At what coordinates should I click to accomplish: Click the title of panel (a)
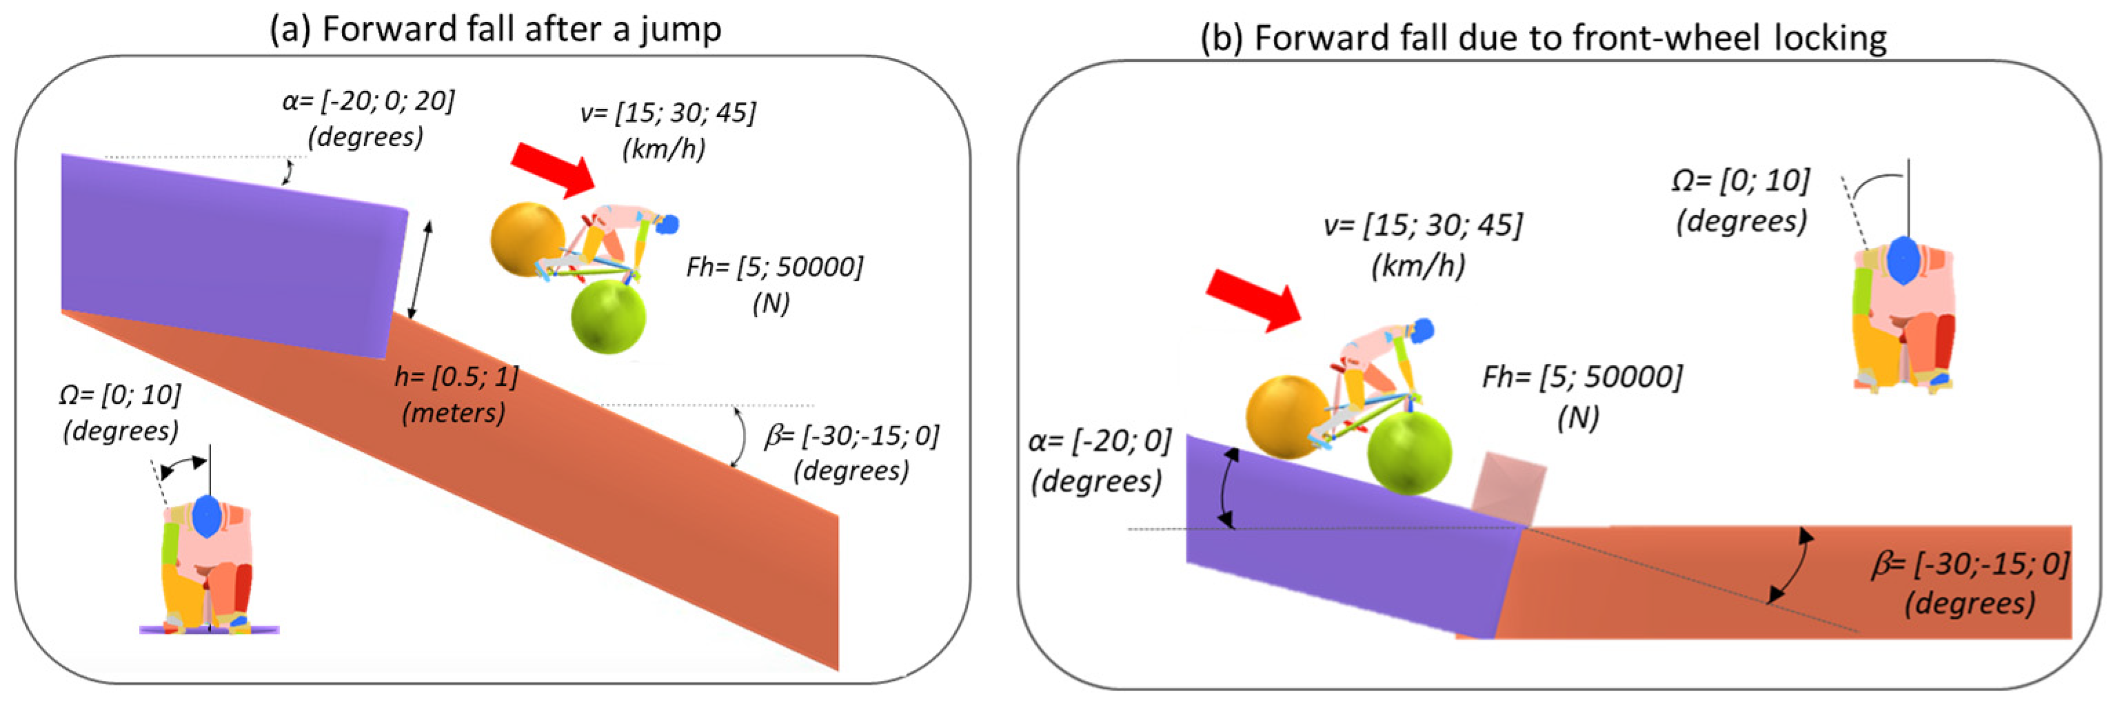496,30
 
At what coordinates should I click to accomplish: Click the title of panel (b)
1544,38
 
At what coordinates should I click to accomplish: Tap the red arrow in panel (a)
554,169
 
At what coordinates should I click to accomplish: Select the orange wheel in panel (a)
527,240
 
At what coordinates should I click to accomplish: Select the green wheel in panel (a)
609,317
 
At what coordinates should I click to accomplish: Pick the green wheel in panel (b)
1409,453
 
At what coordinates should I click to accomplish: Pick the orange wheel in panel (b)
1286,417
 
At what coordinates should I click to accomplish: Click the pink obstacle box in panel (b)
1509,491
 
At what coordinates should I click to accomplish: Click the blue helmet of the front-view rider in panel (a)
206,517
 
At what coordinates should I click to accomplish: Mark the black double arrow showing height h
421,269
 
